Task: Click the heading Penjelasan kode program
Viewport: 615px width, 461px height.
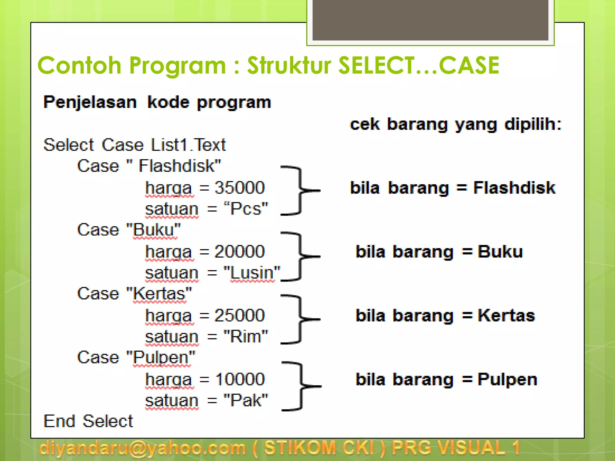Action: point(157,102)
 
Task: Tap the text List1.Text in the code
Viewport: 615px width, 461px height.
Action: point(188,145)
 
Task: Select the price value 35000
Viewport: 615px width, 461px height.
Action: point(239,188)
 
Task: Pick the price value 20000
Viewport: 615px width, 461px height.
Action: point(239,252)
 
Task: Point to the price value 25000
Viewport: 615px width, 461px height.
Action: point(239,315)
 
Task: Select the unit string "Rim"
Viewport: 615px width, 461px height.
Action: point(246,336)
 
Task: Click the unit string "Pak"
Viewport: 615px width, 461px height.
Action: point(246,400)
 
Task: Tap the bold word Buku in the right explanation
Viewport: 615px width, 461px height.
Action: point(500,252)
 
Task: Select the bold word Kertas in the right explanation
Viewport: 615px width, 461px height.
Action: point(506,315)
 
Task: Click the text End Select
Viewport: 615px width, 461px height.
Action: point(88,421)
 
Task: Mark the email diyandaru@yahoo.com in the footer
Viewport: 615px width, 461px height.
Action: point(142,448)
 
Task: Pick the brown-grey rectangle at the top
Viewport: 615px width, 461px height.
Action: point(430,20)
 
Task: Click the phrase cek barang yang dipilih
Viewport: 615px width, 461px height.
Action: point(456,124)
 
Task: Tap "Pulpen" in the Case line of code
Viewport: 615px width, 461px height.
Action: point(161,357)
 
